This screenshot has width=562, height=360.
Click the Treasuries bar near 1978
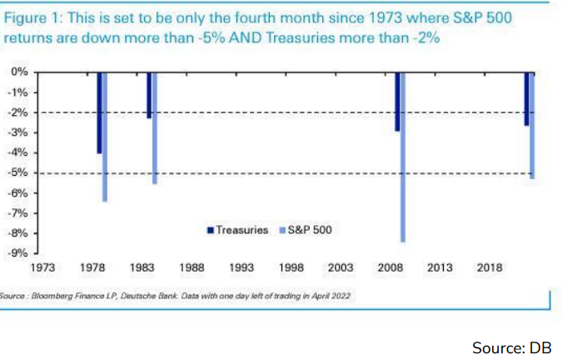(99, 112)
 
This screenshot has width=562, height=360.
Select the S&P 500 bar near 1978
(105, 137)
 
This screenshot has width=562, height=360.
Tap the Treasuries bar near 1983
(149, 95)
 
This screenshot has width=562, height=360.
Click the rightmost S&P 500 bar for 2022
(532, 125)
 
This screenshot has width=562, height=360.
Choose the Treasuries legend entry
(237, 229)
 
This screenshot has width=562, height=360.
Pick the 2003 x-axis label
(341, 267)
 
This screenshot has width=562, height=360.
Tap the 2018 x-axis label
(490, 267)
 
